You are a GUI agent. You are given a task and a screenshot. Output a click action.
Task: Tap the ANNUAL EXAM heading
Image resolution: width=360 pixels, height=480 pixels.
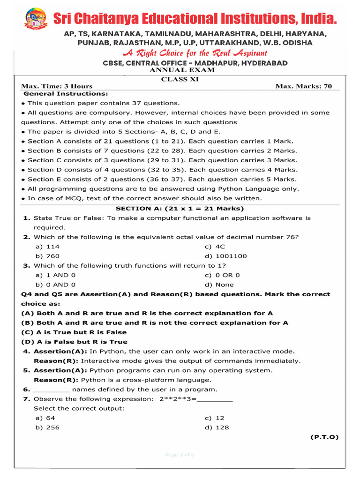click(182, 70)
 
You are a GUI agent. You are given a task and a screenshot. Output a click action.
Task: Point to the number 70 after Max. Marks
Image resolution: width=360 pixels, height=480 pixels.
click(327, 86)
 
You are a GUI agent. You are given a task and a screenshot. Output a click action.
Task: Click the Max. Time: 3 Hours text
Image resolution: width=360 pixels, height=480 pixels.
click(57, 86)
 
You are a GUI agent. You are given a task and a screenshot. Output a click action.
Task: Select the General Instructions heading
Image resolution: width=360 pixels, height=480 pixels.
click(62, 94)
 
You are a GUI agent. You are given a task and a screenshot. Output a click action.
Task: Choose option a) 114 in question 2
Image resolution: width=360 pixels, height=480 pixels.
click(47, 247)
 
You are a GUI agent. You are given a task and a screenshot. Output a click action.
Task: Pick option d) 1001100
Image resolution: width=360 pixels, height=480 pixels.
click(225, 256)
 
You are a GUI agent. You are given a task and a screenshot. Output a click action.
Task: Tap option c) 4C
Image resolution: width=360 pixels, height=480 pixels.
click(215, 247)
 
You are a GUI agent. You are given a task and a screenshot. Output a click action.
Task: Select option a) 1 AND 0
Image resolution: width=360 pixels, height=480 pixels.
click(55, 275)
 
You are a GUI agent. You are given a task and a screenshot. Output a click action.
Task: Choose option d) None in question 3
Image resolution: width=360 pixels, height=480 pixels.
click(219, 285)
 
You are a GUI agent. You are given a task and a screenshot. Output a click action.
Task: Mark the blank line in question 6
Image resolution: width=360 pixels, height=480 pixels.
click(52, 390)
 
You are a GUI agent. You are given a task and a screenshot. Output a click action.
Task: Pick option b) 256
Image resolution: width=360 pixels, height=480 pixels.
click(47, 427)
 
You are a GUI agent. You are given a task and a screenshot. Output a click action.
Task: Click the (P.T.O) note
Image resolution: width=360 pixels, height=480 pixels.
click(324, 437)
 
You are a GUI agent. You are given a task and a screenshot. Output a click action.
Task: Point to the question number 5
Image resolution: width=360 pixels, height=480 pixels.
click(26, 370)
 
